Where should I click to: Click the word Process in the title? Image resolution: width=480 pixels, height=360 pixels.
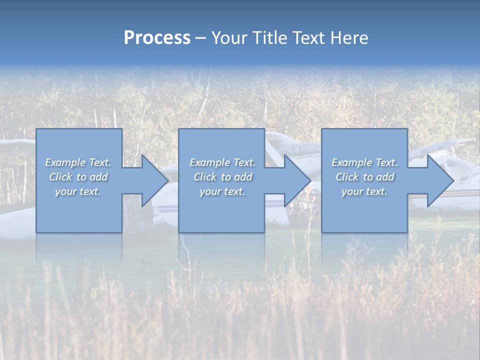click(157, 38)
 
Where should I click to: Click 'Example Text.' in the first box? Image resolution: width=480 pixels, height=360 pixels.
click(78, 162)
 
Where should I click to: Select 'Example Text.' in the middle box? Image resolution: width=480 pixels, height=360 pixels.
click(222, 162)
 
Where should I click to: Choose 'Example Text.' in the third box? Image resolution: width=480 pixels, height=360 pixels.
click(364, 162)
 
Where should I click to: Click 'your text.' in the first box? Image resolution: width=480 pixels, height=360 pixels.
click(78, 191)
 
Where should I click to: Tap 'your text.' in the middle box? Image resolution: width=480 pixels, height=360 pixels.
click(222, 191)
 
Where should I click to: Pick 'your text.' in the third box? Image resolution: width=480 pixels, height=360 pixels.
click(364, 191)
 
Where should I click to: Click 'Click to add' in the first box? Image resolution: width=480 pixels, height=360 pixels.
click(78, 177)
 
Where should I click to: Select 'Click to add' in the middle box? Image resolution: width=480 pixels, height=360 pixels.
click(222, 177)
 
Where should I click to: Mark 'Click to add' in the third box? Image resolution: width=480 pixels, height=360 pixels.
click(364, 177)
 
